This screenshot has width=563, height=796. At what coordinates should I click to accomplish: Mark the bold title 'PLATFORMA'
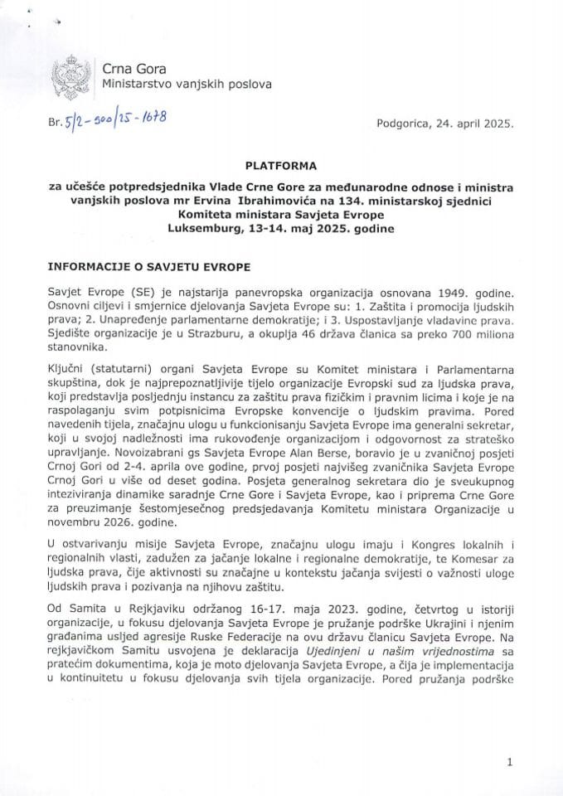click(281, 166)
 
